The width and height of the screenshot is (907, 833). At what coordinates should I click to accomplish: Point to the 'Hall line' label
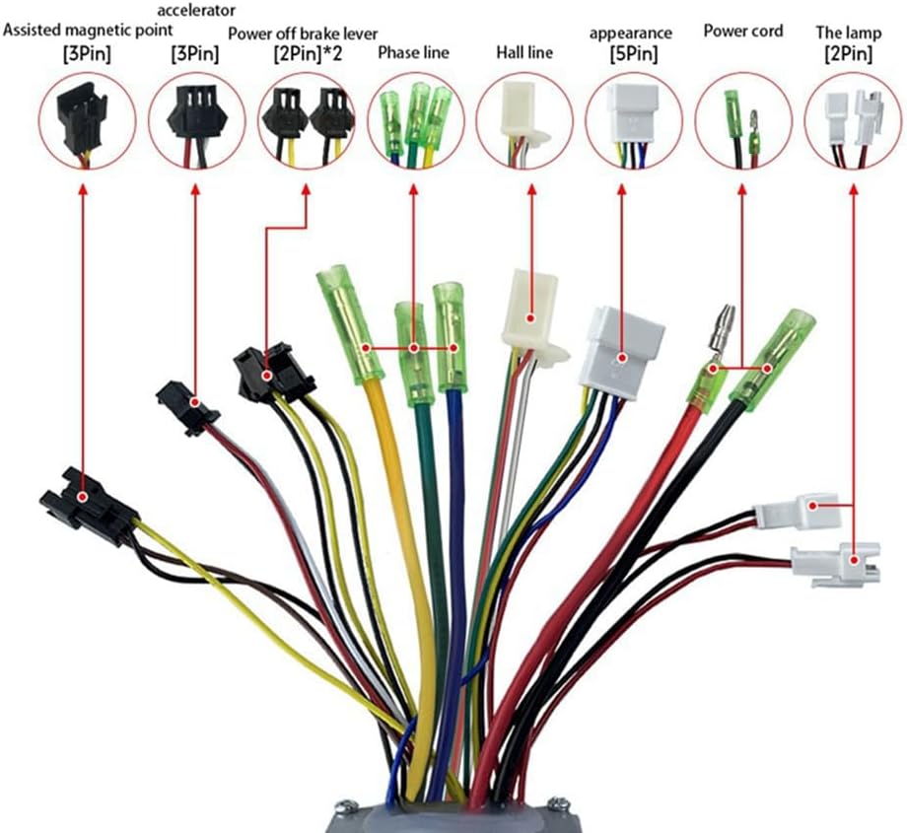pyautogui.click(x=523, y=53)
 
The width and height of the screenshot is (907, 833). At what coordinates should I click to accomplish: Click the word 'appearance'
pyautogui.click(x=631, y=33)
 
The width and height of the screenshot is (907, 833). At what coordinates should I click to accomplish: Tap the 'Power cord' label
pyautogui.click(x=743, y=31)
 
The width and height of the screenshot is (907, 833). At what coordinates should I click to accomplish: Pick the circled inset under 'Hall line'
pyautogui.click(x=524, y=119)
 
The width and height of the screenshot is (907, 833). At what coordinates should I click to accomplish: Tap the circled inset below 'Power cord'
pyautogui.click(x=743, y=119)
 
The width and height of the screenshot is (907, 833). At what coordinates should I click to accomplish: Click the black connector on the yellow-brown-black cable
pyautogui.click(x=87, y=504)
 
